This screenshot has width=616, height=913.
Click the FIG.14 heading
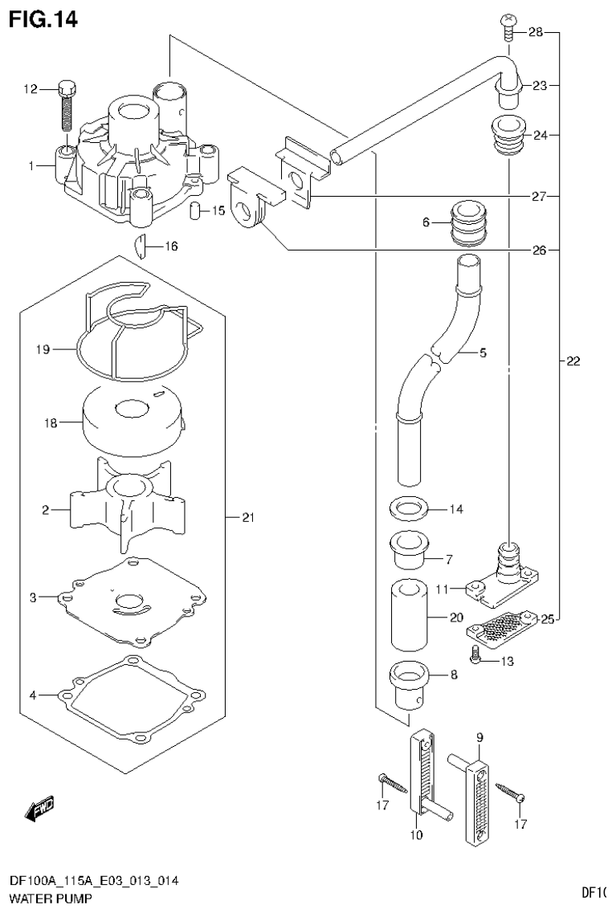click(x=43, y=19)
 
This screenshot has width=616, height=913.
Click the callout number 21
click(x=248, y=518)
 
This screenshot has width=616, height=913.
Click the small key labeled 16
click(x=138, y=246)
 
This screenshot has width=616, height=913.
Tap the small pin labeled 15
click(x=194, y=211)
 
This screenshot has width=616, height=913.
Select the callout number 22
click(x=572, y=361)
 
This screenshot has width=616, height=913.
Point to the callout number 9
click(x=479, y=736)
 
